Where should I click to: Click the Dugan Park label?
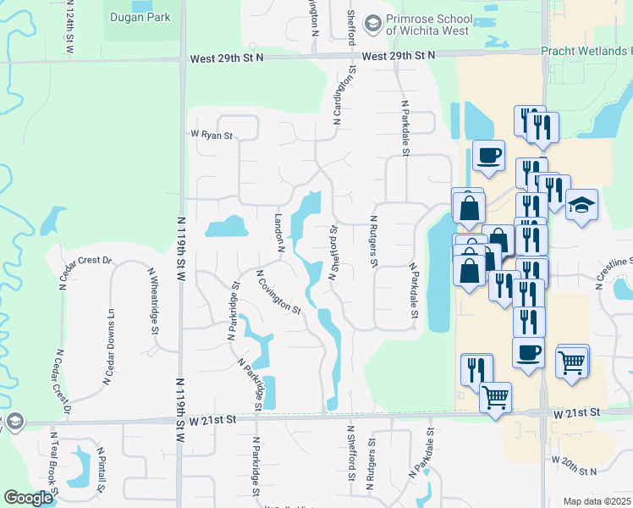tap(140, 17)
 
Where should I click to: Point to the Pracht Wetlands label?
tap(586, 52)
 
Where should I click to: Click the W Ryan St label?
tap(211, 134)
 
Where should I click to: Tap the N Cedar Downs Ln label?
tap(110, 345)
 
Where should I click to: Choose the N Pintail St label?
tap(101, 469)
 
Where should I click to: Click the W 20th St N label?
tap(574, 465)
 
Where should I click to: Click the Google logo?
tap(29, 499)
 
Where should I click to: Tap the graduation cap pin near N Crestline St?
tap(581, 206)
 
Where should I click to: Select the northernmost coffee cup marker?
tap(488, 156)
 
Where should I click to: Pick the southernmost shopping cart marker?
tap(495, 395)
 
